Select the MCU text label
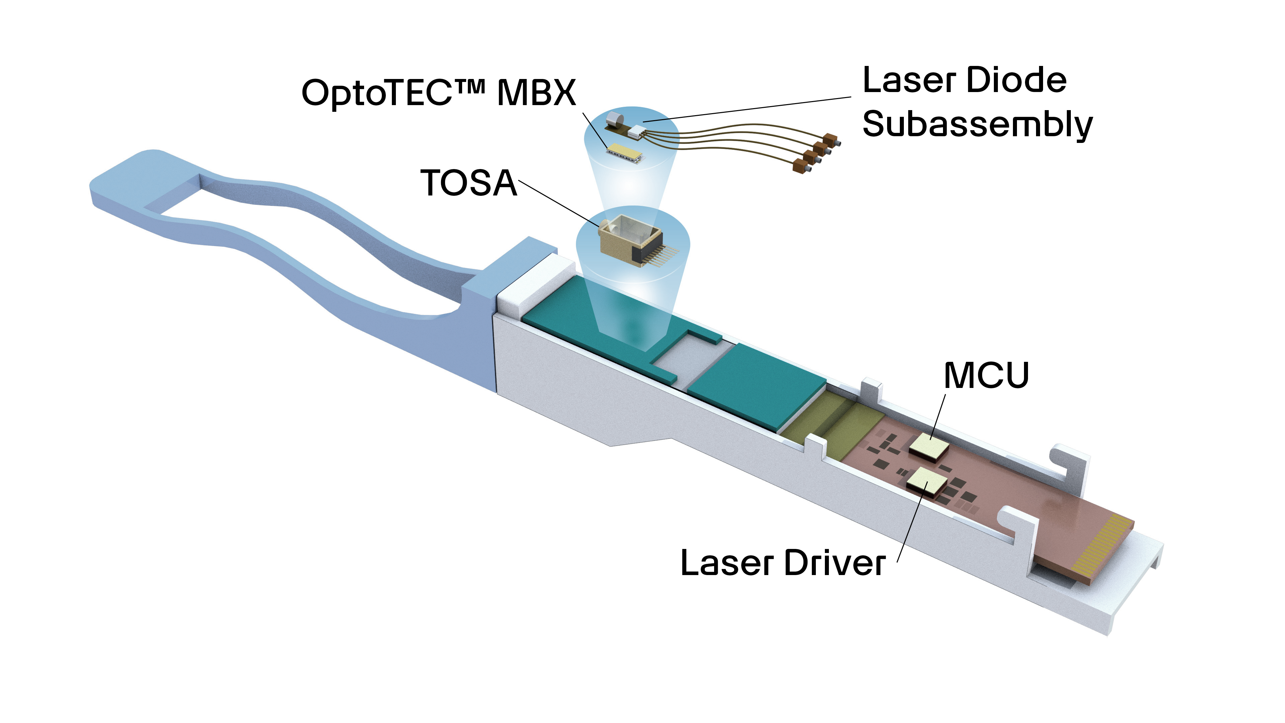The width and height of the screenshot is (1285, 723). [986, 375]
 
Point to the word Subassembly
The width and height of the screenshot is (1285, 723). [977, 125]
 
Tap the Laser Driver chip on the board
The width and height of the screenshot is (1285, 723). [926, 482]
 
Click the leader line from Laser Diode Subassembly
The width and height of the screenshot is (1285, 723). [748, 108]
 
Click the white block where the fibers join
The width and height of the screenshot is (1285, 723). [636, 132]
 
